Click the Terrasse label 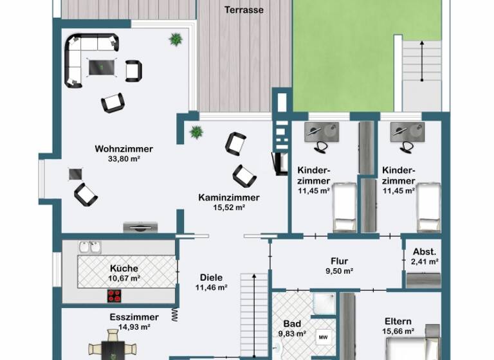pyautogui.click(x=244, y=10)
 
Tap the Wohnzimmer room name pyautogui.click(x=123, y=149)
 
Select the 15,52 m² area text pyautogui.click(x=229, y=208)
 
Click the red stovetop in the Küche pyautogui.click(x=115, y=296)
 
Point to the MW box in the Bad pyautogui.click(x=323, y=337)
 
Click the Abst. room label pyautogui.click(x=425, y=251)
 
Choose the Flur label pyautogui.click(x=339, y=261)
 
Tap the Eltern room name pyautogui.click(x=398, y=321)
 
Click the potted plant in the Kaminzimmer pyautogui.click(x=196, y=132)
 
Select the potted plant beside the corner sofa pyautogui.click(x=176, y=39)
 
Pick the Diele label pyautogui.click(x=211, y=278)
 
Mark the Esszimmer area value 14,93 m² pyautogui.click(x=134, y=327)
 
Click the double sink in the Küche pyautogui.click(x=90, y=247)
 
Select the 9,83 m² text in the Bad pyautogui.click(x=292, y=334)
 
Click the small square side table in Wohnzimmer pyautogui.click(x=76, y=174)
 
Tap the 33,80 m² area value pyautogui.click(x=123, y=159)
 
